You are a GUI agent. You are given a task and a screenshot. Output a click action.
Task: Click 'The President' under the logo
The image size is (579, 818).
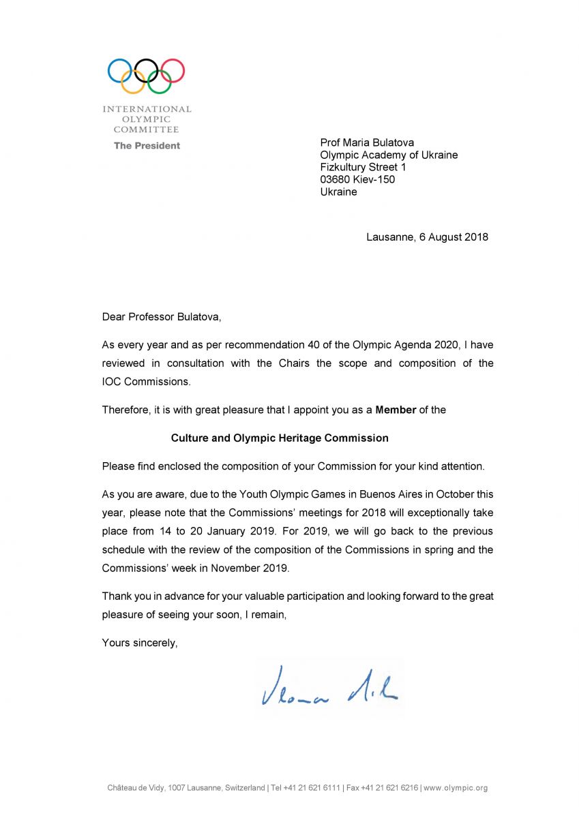pyautogui.click(x=147, y=145)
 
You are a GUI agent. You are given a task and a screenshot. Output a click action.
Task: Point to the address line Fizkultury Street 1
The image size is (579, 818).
pyautogui.click(x=363, y=167)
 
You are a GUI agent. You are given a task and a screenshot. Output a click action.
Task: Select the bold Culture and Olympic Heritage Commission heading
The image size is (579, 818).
pyautogui.click(x=280, y=438)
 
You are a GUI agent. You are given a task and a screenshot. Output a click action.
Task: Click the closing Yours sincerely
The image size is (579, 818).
pyautogui.click(x=140, y=642)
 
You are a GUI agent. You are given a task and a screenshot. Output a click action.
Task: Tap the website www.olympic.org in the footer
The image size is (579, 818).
pyautogui.click(x=457, y=788)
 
